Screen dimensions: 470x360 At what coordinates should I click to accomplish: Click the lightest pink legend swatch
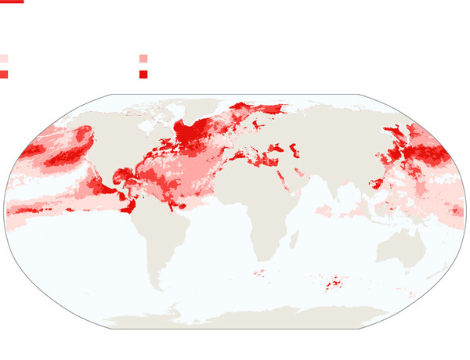click(x=4, y=59)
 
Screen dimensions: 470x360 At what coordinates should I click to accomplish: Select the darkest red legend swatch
click(x=143, y=74)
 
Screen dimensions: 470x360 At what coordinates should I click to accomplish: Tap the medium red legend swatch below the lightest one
click(x=4, y=74)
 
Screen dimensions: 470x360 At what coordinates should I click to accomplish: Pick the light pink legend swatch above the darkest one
click(x=143, y=59)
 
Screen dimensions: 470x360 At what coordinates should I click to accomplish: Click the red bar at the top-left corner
click(x=12, y=2)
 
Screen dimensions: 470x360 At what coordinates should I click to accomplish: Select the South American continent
click(x=161, y=235)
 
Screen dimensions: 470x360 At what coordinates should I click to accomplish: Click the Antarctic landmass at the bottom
click(x=251, y=317)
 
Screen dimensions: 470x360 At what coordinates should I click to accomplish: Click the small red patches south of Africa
click(x=259, y=273)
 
